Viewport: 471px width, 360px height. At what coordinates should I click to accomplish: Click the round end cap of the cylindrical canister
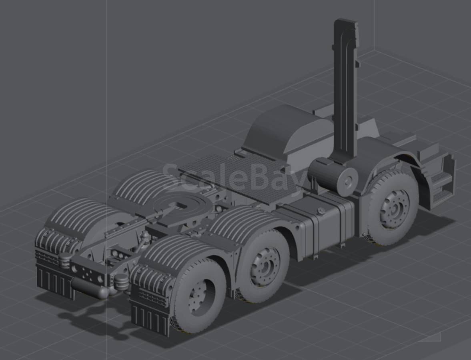coord(347,181)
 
